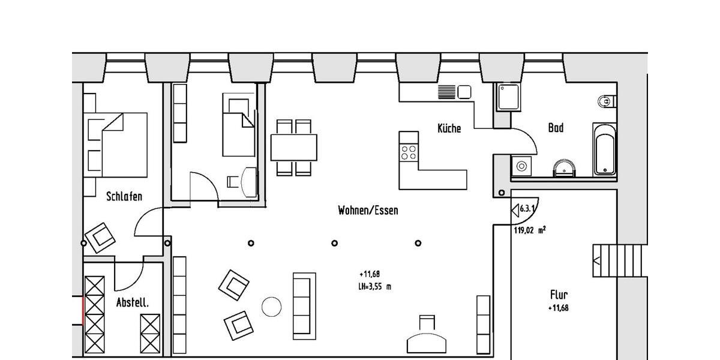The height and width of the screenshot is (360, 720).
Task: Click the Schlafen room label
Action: tap(124, 196)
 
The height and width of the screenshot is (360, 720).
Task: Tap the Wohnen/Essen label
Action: tap(368, 211)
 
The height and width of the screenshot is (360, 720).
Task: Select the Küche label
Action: tap(449, 128)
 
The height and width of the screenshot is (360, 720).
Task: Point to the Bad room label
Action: tap(556, 128)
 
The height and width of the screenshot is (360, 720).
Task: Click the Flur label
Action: tap(559, 295)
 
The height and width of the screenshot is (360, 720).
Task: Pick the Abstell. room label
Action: tap(132, 303)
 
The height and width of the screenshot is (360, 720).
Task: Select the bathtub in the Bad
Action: tap(604, 149)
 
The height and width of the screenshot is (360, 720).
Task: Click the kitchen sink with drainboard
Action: tap(455, 92)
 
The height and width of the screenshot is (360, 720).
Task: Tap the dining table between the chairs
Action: tap(294, 148)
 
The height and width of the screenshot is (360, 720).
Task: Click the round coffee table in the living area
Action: tap(272, 307)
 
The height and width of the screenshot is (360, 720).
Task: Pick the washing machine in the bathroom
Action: tap(521, 165)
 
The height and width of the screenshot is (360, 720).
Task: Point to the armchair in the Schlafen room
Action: tap(100, 238)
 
